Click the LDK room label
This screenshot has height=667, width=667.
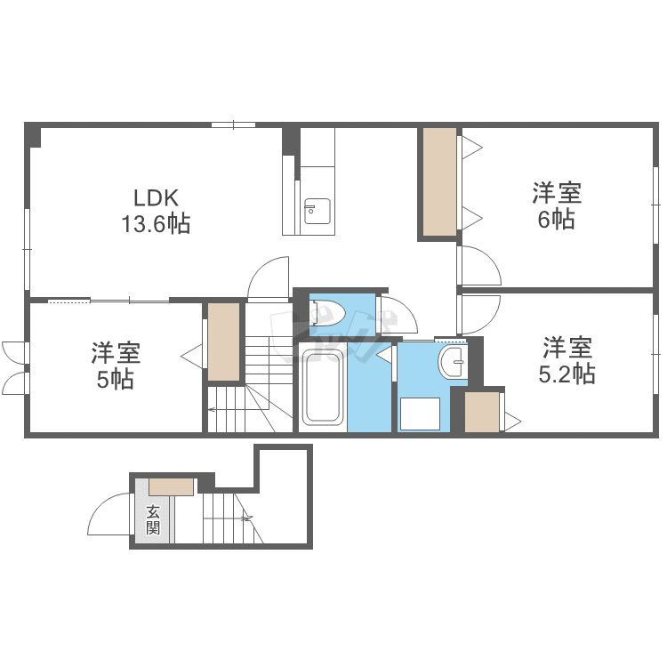(x=157, y=197)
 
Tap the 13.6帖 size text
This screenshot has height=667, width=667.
(x=157, y=224)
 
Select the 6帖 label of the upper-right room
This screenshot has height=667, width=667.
(x=557, y=219)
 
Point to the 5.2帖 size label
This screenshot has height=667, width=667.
(x=567, y=374)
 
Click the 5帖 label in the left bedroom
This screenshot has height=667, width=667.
(x=116, y=380)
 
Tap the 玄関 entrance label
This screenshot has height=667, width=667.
(x=153, y=519)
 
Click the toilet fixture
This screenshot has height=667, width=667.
(x=327, y=312)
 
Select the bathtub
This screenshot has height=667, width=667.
(x=322, y=389)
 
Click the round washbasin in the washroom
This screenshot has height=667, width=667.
(x=453, y=362)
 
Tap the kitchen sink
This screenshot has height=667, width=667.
(x=317, y=211)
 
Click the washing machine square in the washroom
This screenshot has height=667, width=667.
(x=420, y=414)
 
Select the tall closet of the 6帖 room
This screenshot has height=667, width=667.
(x=440, y=181)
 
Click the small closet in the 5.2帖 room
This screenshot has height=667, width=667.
(x=481, y=412)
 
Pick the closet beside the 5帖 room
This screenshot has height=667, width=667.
(x=223, y=342)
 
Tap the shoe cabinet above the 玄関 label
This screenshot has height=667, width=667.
(x=171, y=486)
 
